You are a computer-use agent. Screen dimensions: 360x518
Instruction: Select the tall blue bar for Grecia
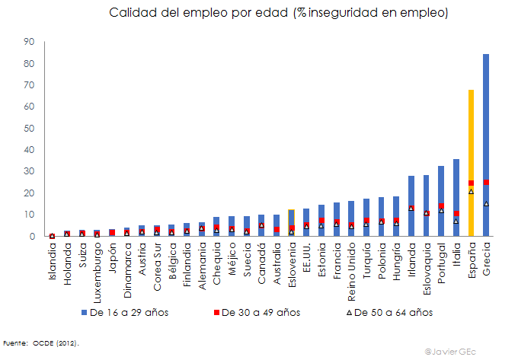[x=486, y=114]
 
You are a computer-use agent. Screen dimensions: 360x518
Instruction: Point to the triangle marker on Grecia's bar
[x=486, y=203]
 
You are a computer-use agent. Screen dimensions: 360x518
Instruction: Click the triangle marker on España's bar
[x=472, y=191]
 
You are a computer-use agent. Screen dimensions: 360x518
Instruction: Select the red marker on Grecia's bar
[x=486, y=182]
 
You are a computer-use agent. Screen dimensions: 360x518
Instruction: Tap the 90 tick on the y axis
[x=29, y=42]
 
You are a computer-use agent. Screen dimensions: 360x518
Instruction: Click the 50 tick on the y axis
[x=29, y=129]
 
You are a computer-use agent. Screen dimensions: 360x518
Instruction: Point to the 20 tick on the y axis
[x=29, y=193]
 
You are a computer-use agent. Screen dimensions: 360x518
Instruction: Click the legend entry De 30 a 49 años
[x=259, y=312]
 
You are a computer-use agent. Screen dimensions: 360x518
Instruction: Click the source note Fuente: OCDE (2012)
[x=41, y=343]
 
